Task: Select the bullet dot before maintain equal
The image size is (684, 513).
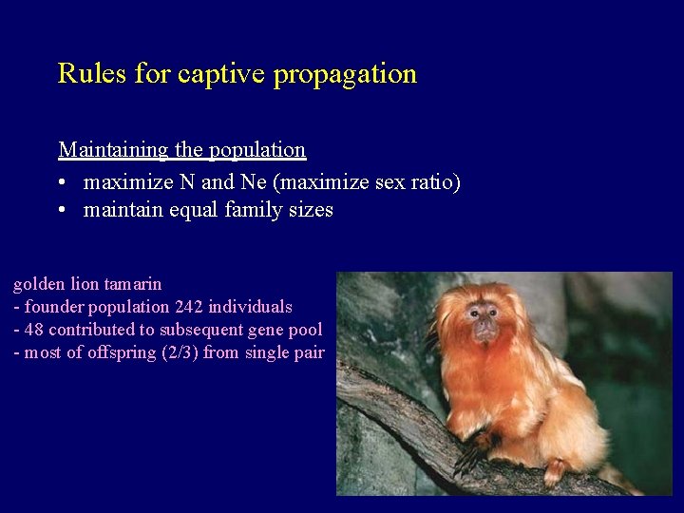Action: pos(62,211)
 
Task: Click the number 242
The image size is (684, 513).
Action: pos(189,307)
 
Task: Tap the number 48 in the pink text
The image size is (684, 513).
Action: pos(33,330)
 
